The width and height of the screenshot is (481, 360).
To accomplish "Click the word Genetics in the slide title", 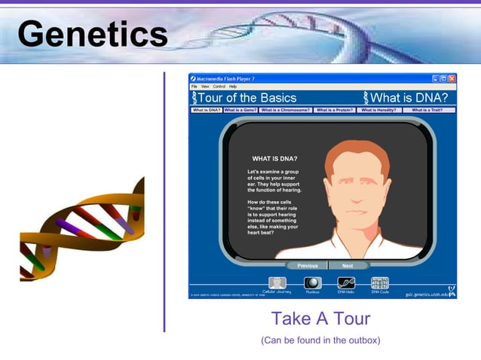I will (x=92, y=34).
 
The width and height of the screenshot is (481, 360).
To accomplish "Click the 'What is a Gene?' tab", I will (x=240, y=110).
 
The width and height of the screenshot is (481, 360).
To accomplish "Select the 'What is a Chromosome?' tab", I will (x=286, y=110).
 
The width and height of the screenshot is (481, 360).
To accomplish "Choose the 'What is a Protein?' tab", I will (x=335, y=110).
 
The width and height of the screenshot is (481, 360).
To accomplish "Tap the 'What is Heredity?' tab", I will (x=378, y=110).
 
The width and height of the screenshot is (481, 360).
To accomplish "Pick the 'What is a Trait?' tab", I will (x=428, y=110).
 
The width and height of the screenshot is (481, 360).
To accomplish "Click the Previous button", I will (x=307, y=266).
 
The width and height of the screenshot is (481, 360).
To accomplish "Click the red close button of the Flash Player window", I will (x=452, y=78).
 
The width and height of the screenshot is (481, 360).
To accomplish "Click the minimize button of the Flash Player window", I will (x=436, y=78).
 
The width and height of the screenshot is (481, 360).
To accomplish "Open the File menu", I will (x=194, y=87).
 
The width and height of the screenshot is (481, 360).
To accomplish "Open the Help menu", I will (x=233, y=87).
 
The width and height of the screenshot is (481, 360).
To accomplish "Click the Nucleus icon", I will (x=312, y=283).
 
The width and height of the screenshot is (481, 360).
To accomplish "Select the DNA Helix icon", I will (x=346, y=283).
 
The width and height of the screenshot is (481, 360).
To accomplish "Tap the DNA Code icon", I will (x=380, y=283).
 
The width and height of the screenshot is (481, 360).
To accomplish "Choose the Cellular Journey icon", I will (x=276, y=283).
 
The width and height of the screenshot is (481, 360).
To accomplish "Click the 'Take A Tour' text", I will (x=320, y=319).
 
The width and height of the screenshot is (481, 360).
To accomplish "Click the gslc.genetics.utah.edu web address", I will (x=426, y=294).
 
